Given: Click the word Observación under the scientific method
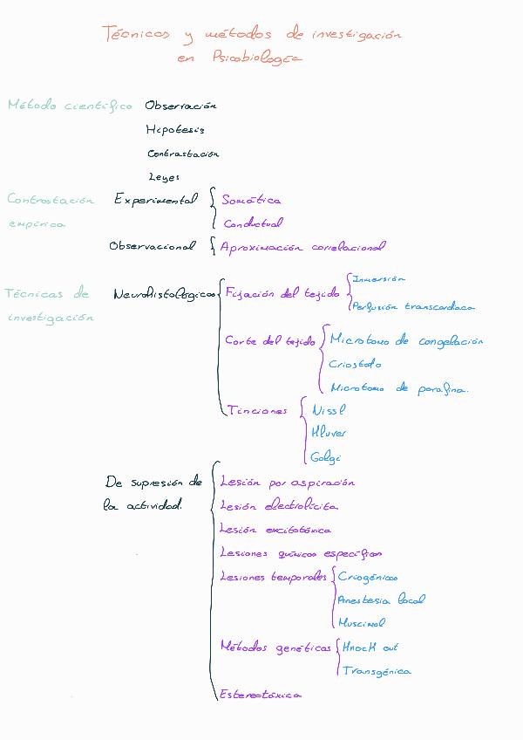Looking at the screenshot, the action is pyautogui.click(x=180, y=106).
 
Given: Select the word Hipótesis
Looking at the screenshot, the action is pyautogui.click(x=175, y=130).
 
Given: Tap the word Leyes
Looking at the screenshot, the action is pyautogui.click(x=164, y=176).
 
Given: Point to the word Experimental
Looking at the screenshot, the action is pyautogui.click(x=156, y=199).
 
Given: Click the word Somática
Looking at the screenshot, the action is pyautogui.click(x=251, y=200).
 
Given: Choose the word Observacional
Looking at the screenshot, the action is pyautogui.click(x=152, y=246).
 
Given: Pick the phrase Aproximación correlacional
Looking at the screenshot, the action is pyautogui.click(x=302, y=247).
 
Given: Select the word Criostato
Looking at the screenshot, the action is pyautogui.click(x=355, y=364).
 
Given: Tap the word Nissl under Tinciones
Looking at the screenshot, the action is pyautogui.click(x=329, y=408).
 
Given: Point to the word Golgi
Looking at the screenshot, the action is pyautogui.click(x=325, y=457).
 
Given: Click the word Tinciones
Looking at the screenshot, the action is pyautogui.click(x=256, y=410).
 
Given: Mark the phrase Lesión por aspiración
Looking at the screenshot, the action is pyautogui.click(x=287, y=482).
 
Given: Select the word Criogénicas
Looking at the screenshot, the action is pyautogui.click(x=367, y=577).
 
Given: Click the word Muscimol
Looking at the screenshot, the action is pyautogui.click(x=362, y=623).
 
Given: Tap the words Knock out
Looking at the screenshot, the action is pyautogui.click(x=370, y=647).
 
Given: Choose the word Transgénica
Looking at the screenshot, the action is pyautogui.click(x=376, y=671).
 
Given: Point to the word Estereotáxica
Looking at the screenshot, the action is pyautogui.click(x=261, y=695).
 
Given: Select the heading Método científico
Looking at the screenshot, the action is pyautogui.click(x=70, y=106).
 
